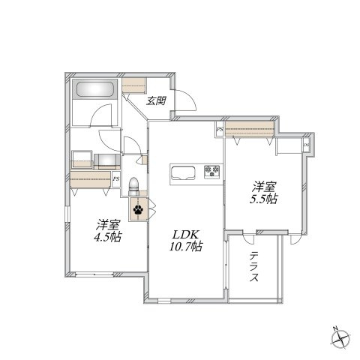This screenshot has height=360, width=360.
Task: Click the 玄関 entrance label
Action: click(x=156, y=100)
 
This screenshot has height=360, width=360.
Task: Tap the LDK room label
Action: click(x=186, y=235)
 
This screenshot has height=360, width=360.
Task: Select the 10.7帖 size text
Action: click(x=186, y=247)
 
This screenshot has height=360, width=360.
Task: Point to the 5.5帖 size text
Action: click(x=263, y=199)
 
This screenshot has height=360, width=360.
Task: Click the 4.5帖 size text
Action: click(x=108, y=237)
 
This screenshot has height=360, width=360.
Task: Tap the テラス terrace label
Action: click(x=254, y=267)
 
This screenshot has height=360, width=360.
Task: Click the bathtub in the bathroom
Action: click(x=94, y=89)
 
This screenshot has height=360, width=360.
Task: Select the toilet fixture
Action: click(x=133, y=187)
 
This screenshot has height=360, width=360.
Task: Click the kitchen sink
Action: click(x=183, y=172)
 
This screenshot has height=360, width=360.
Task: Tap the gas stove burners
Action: click(x=212, y=172)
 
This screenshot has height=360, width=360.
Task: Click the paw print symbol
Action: click(x=138, y=209)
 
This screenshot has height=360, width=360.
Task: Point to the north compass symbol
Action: click(x=340, y=338)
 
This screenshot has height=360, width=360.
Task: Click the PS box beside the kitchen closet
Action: click(x=220, y=130)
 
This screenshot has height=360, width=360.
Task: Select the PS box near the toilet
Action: click(x=115, y=179)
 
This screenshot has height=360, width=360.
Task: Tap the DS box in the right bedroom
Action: click(x=306, y=145)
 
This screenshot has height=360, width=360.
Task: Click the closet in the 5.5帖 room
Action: click(x=250, y=129)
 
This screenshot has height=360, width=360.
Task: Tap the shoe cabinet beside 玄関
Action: click(x=134, y=85)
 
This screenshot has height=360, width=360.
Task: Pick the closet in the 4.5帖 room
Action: click(x=91, y=179)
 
